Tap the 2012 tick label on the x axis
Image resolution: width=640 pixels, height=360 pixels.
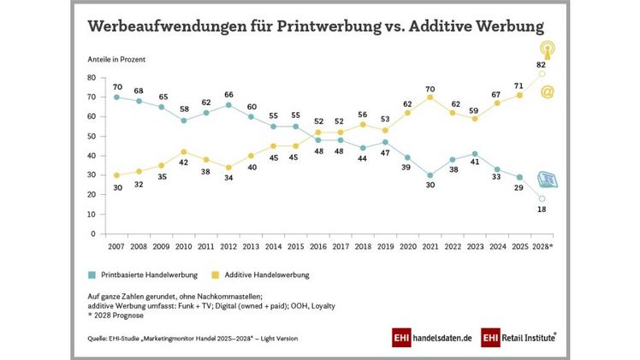tap(228, 246)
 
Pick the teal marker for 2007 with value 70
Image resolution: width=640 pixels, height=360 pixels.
tap(116, 97)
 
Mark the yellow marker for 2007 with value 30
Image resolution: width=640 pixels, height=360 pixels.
tap(116, 174)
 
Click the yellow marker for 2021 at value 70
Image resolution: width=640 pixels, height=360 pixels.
tap(430, 97)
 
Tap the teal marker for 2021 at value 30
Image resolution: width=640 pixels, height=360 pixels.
tap(430, 174)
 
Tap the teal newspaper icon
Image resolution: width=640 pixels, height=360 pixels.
tap(546, 180)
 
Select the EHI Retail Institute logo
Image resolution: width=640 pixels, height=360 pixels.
tap(517, 337)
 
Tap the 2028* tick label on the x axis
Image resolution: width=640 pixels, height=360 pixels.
tap(542, 246)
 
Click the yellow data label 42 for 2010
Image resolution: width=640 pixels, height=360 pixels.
tap(182, 139)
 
